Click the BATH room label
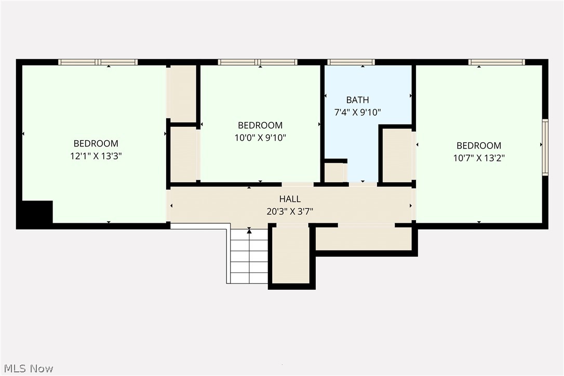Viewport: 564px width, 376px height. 357,100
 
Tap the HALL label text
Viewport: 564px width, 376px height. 290,198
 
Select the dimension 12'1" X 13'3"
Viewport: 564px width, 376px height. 96,156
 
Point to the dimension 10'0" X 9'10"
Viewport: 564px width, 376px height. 260,138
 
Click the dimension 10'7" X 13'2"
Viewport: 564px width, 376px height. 479,157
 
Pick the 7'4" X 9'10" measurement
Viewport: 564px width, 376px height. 357,112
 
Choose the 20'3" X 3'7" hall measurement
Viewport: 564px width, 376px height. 290,211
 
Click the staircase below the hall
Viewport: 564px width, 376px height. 249,256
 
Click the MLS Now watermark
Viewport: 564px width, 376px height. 29,368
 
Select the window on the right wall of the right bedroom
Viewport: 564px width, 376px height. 545,147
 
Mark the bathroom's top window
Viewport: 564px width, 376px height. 351,62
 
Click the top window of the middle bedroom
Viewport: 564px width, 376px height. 258,62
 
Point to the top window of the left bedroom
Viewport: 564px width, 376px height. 98,62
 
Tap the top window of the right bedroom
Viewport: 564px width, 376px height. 496,62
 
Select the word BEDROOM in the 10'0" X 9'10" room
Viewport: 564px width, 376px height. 260,125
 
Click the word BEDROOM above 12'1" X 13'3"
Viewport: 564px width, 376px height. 96,143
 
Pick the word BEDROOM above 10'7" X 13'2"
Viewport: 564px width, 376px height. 479,145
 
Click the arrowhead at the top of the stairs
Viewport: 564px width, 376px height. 249,231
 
